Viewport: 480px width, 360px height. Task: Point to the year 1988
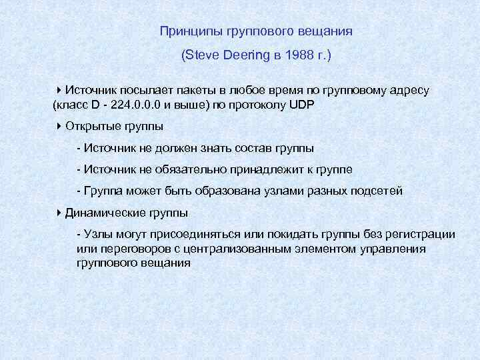point(297,57)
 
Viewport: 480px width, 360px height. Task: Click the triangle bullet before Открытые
point(59,126)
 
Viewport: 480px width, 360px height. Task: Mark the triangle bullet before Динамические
point(59,213)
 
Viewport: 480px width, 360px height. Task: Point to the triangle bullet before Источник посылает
point(59,90)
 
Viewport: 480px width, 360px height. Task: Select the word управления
point(415,249)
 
